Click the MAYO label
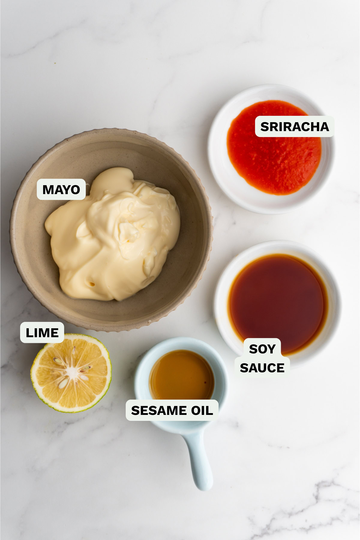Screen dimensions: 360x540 coord(61,189)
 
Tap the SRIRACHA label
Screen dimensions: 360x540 coord(295,127)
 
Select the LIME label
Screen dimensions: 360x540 coord(42,333)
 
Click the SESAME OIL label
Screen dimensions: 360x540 coord(172,410)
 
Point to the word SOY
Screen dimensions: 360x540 coord(262,349)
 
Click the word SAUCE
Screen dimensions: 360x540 coord(262,368)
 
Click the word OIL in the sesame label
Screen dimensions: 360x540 coord(201,410)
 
